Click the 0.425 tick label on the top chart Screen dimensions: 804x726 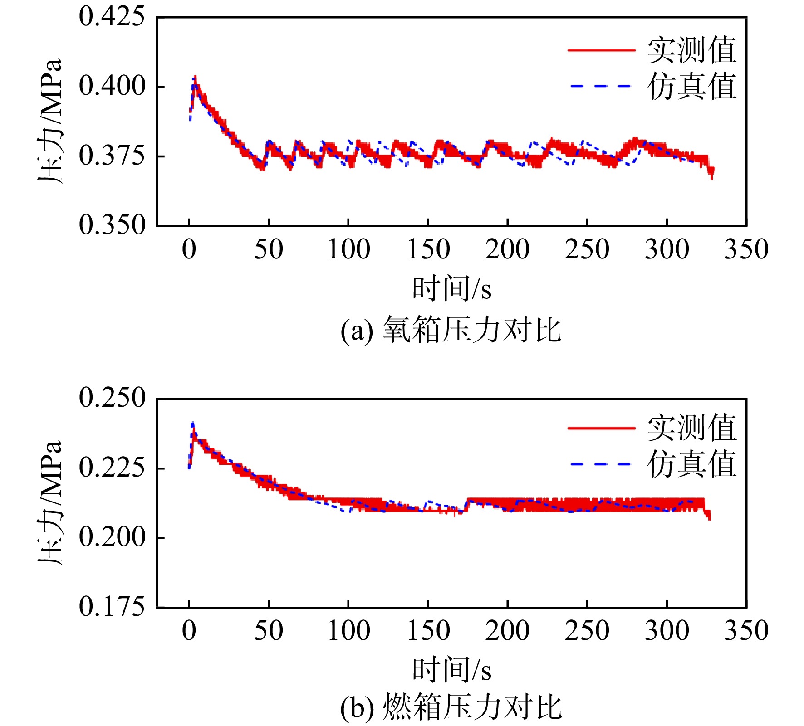[x=112, y=17]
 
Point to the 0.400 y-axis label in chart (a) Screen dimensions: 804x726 [x=112, y=86]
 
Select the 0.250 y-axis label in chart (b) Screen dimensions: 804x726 [x=112, y=398]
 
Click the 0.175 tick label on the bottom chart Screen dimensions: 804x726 [x=112, y=606]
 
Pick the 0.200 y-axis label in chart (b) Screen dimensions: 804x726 [x=112, y=537]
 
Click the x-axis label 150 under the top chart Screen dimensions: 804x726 [x=428, y=249]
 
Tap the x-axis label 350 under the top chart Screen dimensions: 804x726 [x=746, y=249]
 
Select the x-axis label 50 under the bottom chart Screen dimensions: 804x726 [x=269, y=631]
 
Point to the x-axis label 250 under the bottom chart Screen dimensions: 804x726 [x=587, y=631]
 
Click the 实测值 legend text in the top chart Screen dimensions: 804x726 [x=691, y=50]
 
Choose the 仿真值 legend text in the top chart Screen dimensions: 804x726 [x=691, y=86]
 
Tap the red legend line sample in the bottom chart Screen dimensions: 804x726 [x=601, y=428]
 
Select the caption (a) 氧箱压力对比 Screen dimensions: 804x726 [x=451, y=330]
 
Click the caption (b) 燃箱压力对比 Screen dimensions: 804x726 [x=451, y=707]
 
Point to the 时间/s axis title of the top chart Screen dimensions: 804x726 [x=451, y=288]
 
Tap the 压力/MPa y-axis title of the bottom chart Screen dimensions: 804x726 [x=49, y=503]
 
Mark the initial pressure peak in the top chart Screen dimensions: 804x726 [x=195, y=77]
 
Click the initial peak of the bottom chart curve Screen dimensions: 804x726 [x=192, y=423]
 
